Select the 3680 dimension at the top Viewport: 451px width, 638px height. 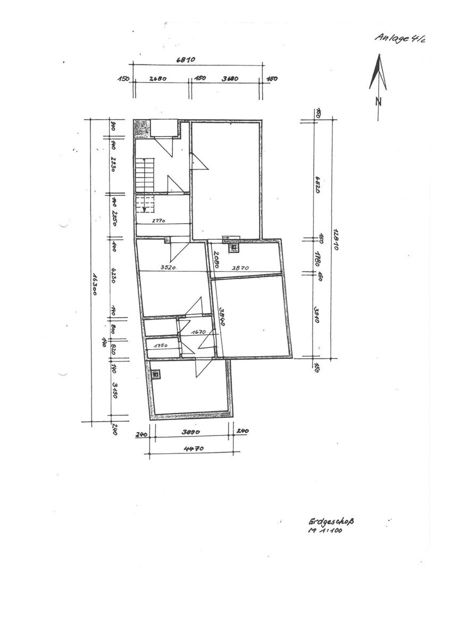click(x=230, y=79)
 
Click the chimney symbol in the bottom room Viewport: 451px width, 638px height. click(x=156, y=374)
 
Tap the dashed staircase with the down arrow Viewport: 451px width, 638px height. click(x=145, y=205)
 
